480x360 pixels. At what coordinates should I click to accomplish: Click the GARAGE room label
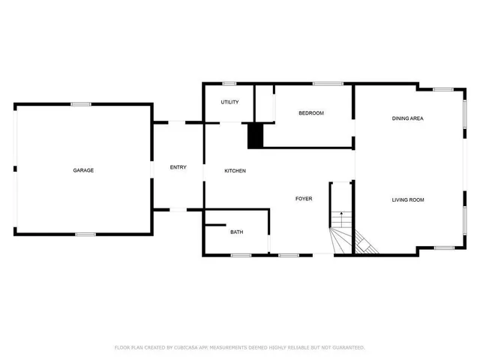83,170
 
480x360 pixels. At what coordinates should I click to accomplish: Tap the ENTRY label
178,167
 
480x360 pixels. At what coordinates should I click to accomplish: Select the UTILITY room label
229,102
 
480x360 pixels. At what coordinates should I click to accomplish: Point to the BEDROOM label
310,113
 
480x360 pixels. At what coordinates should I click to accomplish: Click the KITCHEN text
235,171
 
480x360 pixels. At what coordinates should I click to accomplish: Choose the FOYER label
303,199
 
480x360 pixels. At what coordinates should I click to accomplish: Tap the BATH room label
236,232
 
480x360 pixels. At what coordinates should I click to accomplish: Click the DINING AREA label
408,118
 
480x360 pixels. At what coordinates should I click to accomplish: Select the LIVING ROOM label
408,199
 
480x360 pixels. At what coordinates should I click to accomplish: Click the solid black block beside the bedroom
256,135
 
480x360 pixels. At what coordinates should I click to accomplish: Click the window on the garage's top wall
81,103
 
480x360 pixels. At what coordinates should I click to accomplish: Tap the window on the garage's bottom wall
85,235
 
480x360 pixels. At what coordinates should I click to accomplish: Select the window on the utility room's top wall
229,83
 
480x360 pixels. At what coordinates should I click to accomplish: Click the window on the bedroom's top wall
323,83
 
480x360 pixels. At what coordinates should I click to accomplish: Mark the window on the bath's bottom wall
240,255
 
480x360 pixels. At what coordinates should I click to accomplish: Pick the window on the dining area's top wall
443,90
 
